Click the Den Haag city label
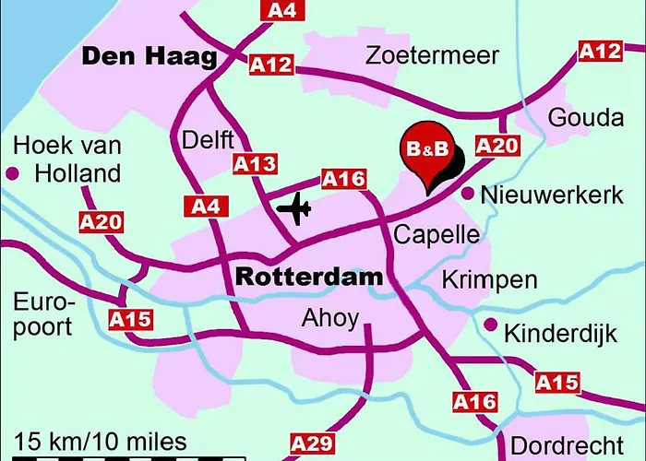tap(150, 57)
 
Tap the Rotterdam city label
tap(308, 276)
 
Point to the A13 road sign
tap(254, 165)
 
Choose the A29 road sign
tap(311, 443)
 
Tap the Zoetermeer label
tap(432, 56)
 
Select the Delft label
tap(209, 140)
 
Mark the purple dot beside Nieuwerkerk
tap(468, 194)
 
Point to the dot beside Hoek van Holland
tap(13, 172)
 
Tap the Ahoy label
tap(329, 318)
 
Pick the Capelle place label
tap(437, 234)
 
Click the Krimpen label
tap(489, 278)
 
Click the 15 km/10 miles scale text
tap(101, 442)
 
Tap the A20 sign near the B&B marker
tap(497, 146)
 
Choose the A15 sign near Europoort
tap(130, 320)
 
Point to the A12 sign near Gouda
tap(601, 52)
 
